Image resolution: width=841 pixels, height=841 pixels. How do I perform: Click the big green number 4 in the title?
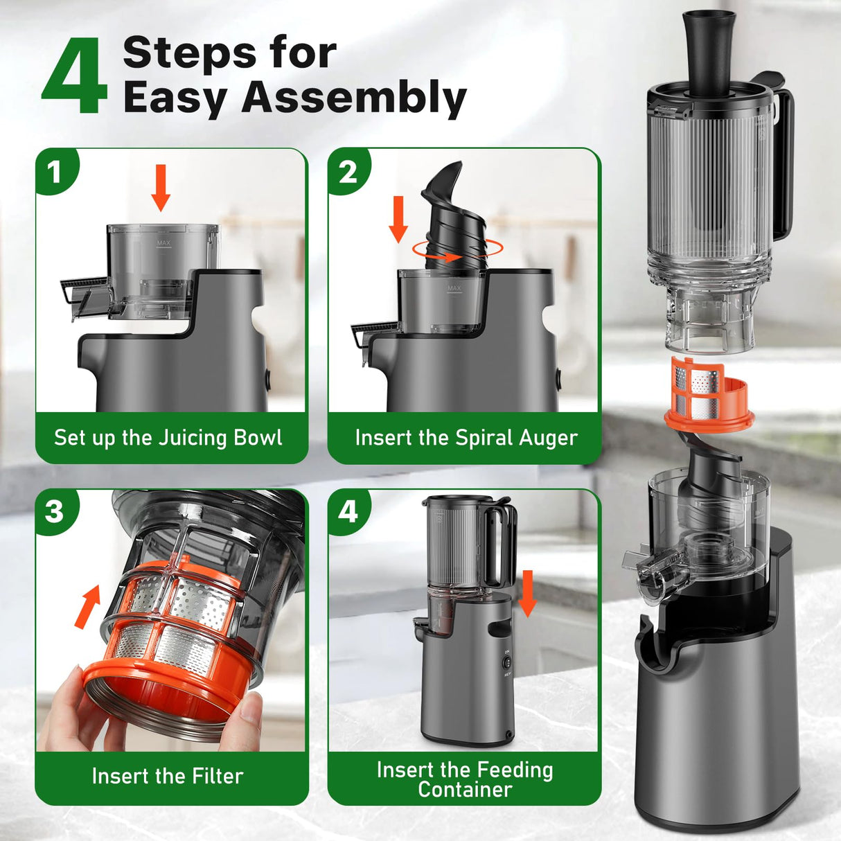pos(75,78)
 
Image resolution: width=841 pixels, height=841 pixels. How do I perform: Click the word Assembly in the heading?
pos(353,97)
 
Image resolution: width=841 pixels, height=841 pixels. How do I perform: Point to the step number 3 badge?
pos(55,512)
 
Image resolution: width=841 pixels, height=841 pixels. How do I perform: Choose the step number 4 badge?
pos(348,512)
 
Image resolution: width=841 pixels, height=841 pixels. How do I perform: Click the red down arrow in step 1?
pos(161,187)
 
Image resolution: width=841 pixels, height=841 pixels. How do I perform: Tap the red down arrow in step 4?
pos(528,593)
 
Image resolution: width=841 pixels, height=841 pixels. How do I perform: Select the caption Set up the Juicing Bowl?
pos(168,438)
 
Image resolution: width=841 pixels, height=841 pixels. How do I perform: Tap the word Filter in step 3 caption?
pos(217,776)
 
